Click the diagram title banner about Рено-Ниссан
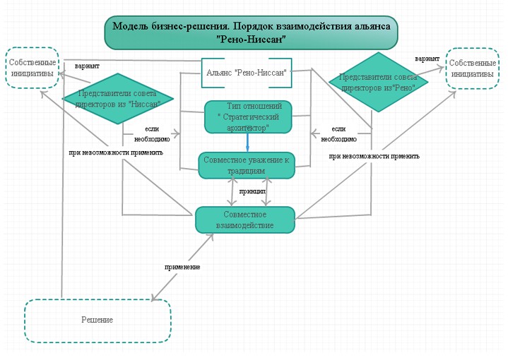[x=251, y=32]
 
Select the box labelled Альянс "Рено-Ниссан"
[x=246, y=73]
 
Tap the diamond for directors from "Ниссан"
[x=118, y=98]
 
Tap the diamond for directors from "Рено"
[x=379, y=82]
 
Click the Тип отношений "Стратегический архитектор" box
[x=248, y=116]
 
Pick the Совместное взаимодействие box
[x=244, y=220]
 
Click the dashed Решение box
[x=98, y=320]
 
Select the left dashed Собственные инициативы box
[x=33, y=68]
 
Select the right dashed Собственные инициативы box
[x=473, y=68]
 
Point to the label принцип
[x=252, y=191]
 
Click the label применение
[x=182, y=267]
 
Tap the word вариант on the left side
[x=88, y=66]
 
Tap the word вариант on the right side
[x=427, y=58]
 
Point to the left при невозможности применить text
[x=116, y=152]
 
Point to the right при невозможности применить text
[x=374, y=156]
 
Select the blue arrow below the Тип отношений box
[x=248, y=142]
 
